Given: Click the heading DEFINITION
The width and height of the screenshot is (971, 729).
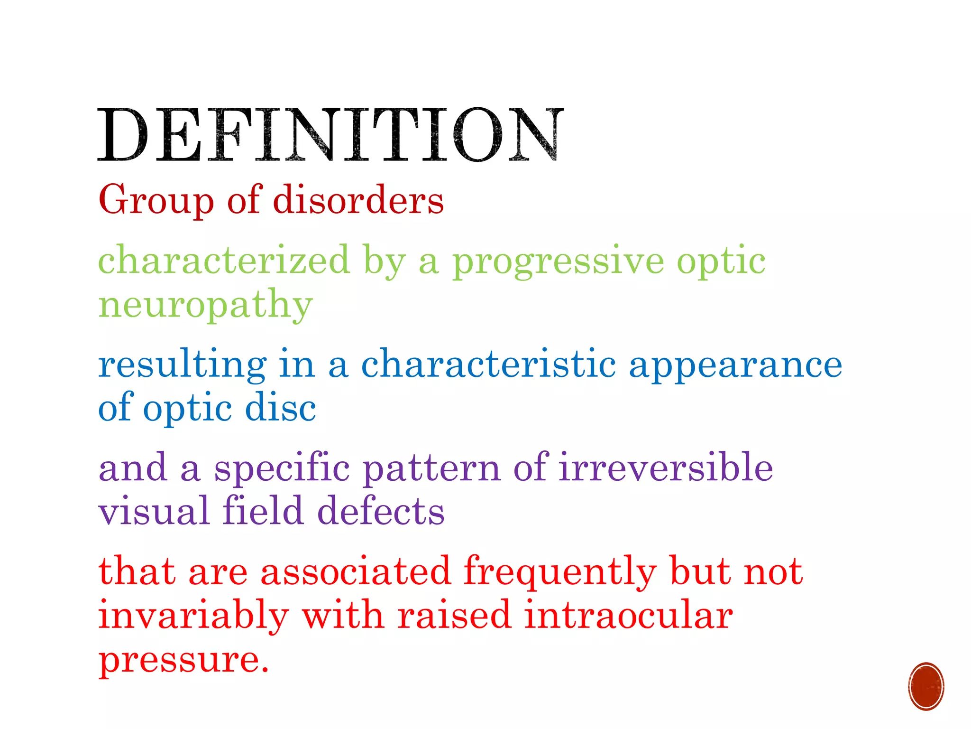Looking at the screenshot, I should [x=330, y=135].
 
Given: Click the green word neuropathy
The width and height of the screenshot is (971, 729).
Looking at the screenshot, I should [x=205, y=305].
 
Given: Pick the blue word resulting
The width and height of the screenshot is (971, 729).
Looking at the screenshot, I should [x=182, y=364].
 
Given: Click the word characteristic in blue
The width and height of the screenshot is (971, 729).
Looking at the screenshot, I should [x=488, y=364].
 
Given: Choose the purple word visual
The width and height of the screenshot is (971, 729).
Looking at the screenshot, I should [x=154, y=512].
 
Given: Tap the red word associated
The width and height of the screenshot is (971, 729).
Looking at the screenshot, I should [x=355, y=571].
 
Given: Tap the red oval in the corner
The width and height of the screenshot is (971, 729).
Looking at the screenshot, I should [x=926, y=686].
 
